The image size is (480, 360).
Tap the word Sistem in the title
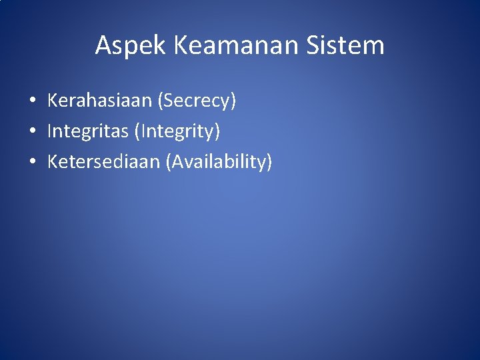coord(346,45)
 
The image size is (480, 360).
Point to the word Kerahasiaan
coord(99,101)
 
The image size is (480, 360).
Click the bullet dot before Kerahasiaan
coord(32,102)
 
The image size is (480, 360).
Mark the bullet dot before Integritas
coord(32,132)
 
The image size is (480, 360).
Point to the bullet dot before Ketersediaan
coord(32,162)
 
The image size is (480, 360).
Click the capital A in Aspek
coord(103,45)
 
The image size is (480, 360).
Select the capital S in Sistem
coord(315,45)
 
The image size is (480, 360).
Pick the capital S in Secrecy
coord(167,101)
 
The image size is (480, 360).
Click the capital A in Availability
coord(179,161)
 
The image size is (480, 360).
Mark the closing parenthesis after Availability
coord(269,162)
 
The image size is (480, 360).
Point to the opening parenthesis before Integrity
coord(137,132)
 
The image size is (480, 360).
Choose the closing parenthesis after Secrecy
coord(233,102)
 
